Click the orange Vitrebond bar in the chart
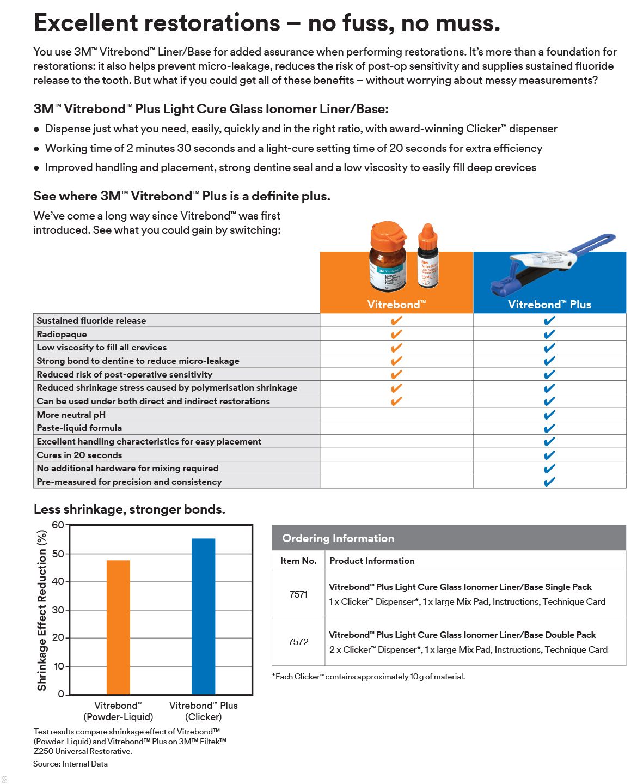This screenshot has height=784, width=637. point(118,627)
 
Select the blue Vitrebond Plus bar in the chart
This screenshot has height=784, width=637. point(203,616)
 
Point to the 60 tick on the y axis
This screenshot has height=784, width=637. point(58,525)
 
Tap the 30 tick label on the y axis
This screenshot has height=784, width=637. point(58,610)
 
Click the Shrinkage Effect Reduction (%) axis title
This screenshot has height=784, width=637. point(42,610)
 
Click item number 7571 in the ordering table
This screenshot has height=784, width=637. point(298,594)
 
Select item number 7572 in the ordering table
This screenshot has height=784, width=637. point(298,642)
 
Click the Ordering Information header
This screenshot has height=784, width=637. point(338,538)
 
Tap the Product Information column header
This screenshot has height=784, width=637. point(372,561)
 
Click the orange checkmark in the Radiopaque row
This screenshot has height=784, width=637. point(396,334)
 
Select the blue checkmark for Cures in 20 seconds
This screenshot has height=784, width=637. point(549,455)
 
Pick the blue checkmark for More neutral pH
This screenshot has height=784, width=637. point(549,415)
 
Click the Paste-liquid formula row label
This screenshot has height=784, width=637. point(79,428)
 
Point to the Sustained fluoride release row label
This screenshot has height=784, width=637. point(91,320)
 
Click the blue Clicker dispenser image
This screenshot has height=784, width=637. point(550,264)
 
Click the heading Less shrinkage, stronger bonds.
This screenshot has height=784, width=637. point(130,509)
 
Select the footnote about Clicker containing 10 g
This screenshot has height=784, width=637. point(369,677)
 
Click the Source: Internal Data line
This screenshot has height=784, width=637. point(71,764)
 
